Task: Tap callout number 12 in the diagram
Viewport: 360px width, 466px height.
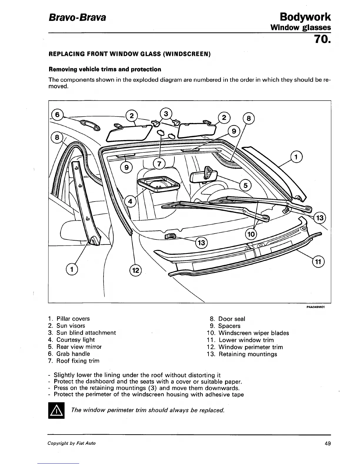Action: [x=136, y=270]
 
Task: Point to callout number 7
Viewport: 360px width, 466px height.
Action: [x=159, y=164]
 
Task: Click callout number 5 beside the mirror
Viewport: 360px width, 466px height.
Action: [x=246, y=186]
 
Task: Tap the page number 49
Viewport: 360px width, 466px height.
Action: [x=327, y=443]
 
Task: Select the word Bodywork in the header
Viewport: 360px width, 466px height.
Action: [x=305, y=17]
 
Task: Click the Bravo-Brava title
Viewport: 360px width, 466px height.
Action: [x=77, y=17]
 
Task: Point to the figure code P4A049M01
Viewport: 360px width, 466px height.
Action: [x=315, y=307]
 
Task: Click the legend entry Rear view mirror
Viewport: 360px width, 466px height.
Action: [x=79, y=347]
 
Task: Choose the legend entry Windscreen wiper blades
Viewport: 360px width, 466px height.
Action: [x=254, y=333]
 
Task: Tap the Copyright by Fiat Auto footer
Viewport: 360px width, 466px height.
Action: [x=72, y=443]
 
